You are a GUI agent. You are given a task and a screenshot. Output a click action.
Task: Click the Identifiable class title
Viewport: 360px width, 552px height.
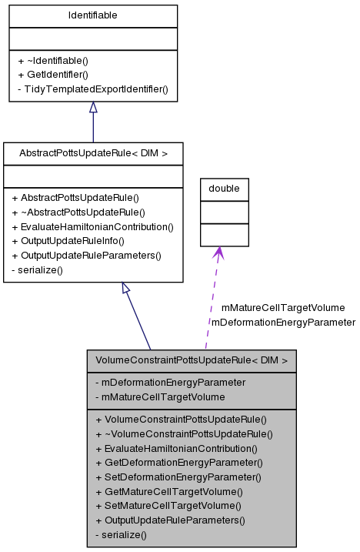pos(93,15)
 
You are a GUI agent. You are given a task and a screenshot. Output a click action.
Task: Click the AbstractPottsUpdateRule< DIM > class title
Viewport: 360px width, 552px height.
pos(93,153)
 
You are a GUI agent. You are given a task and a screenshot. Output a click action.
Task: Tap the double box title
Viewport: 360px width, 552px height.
pos(224,188)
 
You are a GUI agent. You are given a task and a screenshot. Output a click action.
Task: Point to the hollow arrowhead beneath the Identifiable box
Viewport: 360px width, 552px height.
pos(93,109)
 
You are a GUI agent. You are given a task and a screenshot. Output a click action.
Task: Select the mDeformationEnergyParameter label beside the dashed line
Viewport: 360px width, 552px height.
pos(283,322)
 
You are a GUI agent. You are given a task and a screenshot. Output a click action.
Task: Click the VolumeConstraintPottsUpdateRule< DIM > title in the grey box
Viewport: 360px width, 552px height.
pos(192,360)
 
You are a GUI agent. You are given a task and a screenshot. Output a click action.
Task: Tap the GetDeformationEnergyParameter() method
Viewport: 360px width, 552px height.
pos(178,462)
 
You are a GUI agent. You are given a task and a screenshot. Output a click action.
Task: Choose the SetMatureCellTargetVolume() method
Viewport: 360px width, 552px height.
pos(168,505)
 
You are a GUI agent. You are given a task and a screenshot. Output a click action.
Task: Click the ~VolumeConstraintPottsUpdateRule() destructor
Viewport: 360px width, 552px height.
pos(184,433)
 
